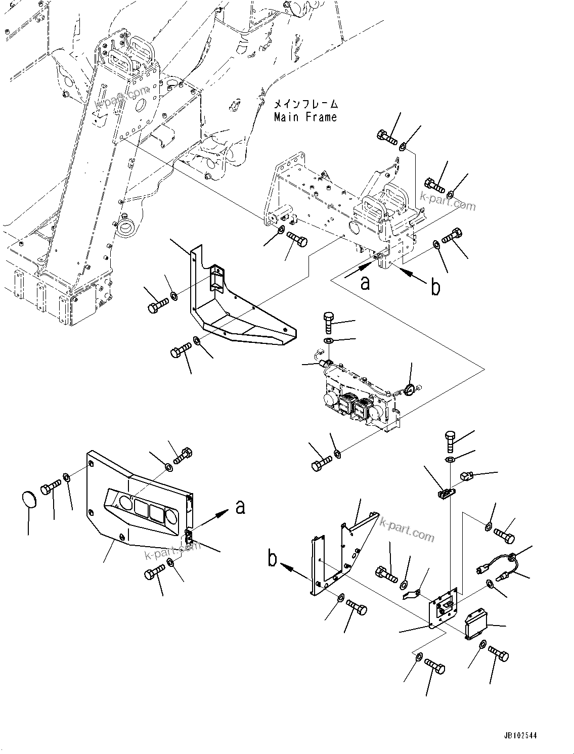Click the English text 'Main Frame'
305,117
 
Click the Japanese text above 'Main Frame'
305,105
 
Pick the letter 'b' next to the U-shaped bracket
273,559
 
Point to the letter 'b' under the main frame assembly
435,287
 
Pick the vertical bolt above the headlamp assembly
328,322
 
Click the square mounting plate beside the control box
444,609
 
